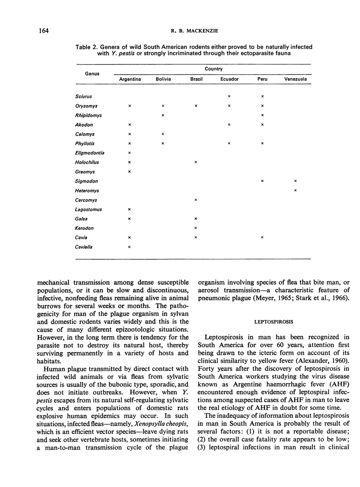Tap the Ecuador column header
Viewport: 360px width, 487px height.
click(229, 79)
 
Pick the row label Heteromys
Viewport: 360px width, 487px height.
click(87, 190)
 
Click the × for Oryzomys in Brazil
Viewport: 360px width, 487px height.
click(196, 106)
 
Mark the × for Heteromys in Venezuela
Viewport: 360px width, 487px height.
click(295, 190)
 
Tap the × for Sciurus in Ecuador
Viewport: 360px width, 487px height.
click(229, 96)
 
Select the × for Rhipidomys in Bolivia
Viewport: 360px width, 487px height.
click(163, 115)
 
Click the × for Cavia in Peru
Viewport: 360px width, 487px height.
click(262, 237)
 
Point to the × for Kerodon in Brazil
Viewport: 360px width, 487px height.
click(196, 228)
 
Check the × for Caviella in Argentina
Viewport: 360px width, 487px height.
click(130, 247)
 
